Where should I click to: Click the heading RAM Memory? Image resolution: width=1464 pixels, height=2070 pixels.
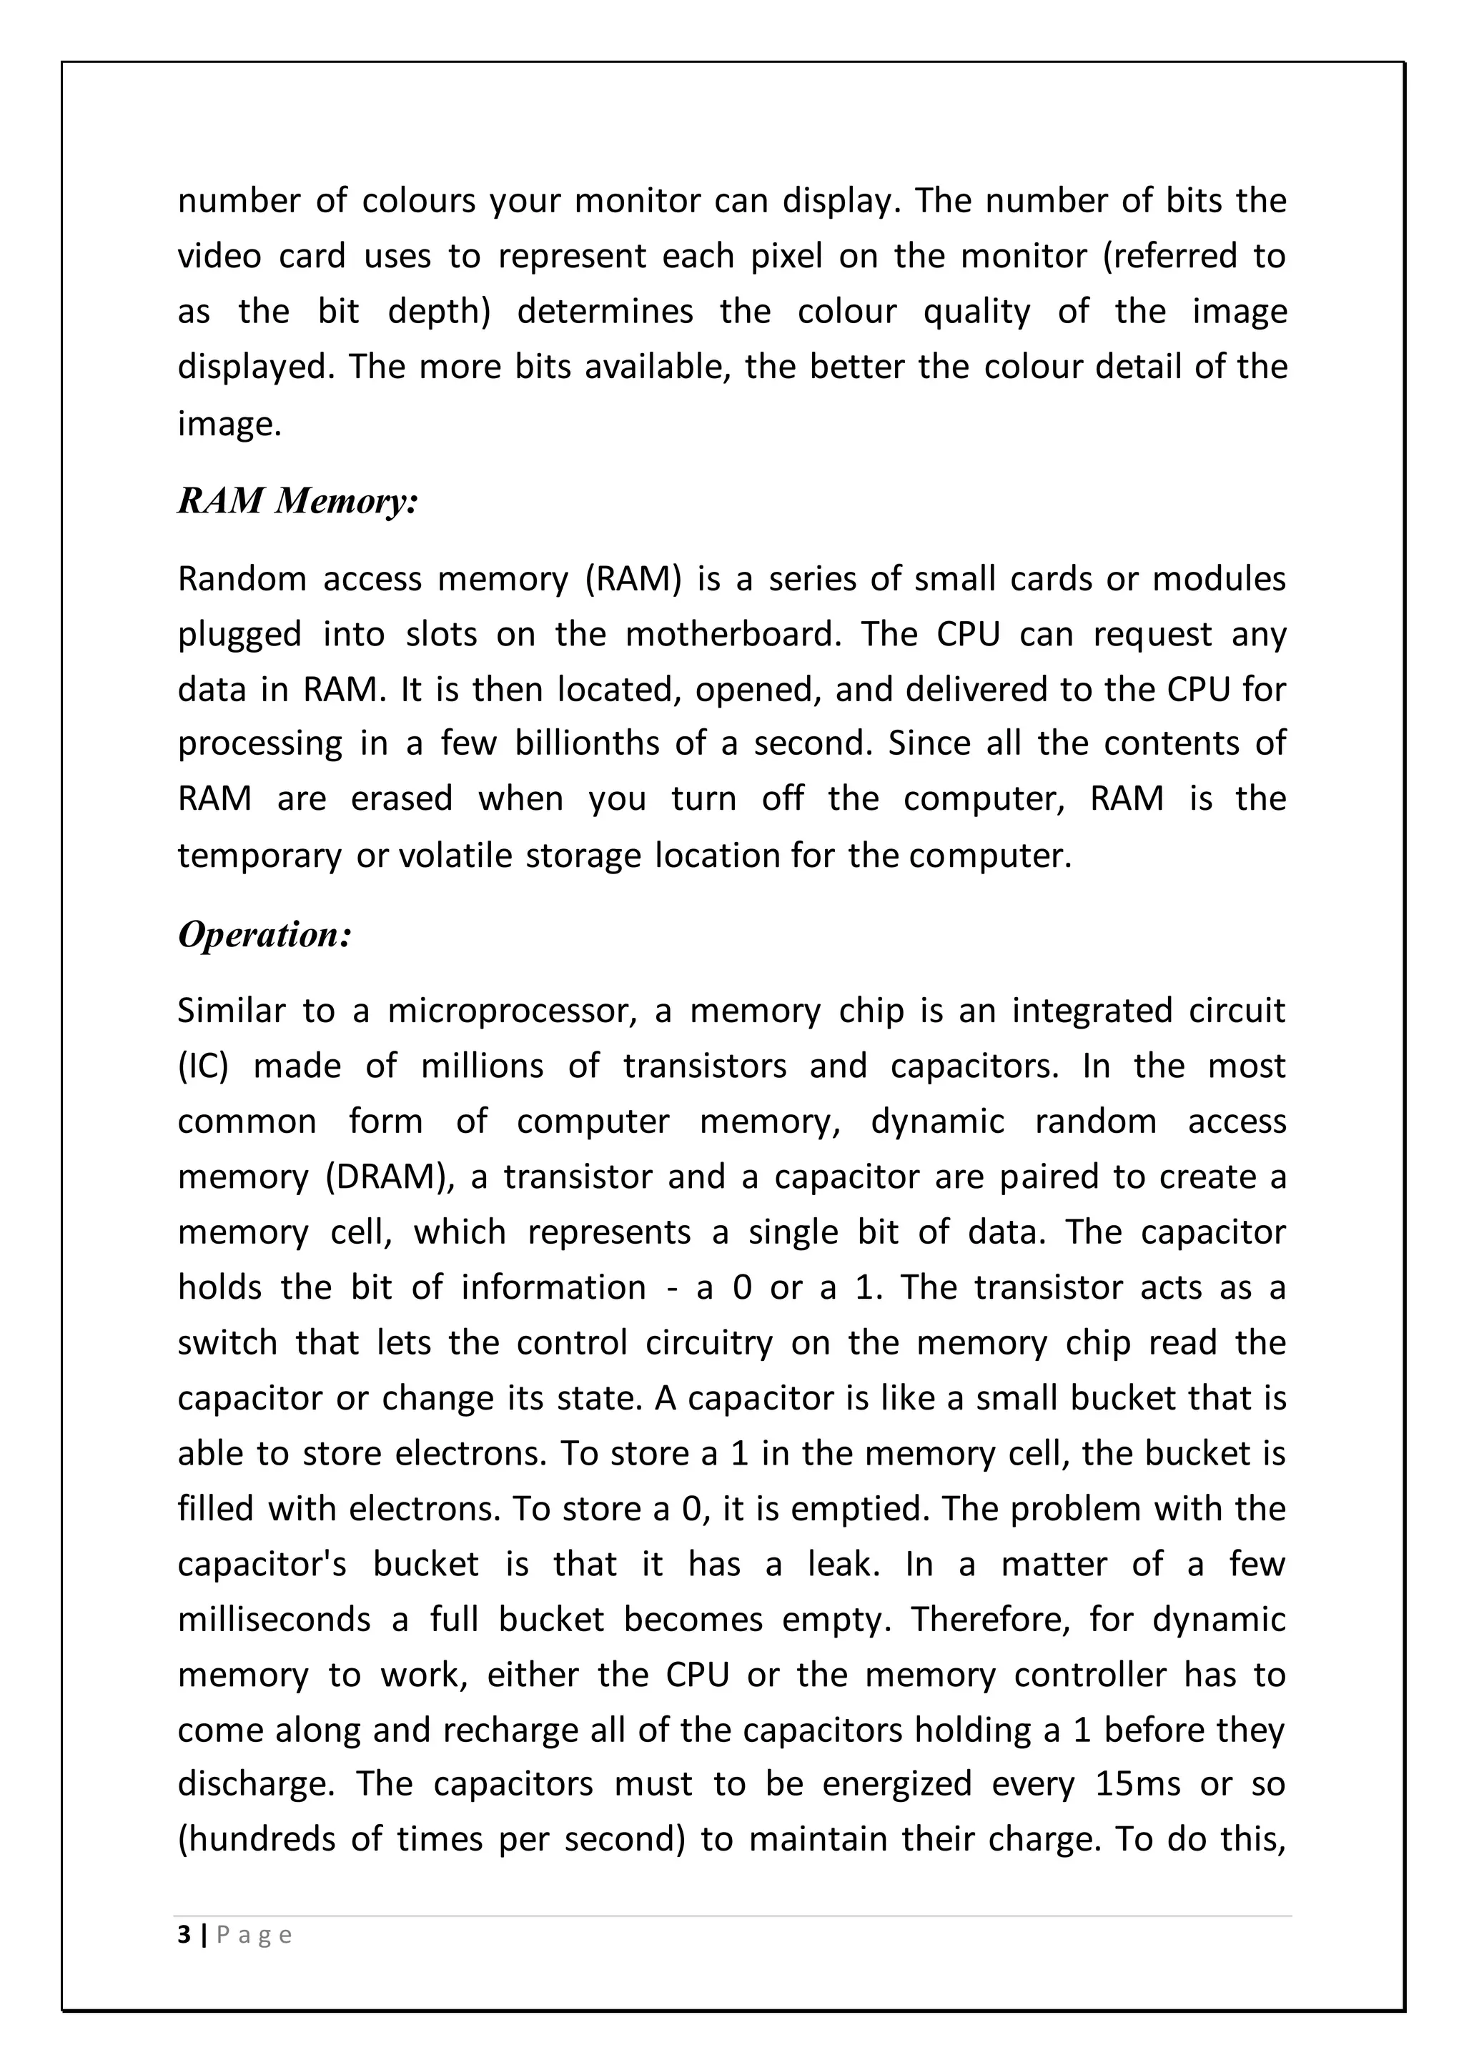297,501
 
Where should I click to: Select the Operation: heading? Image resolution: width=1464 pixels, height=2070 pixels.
263,935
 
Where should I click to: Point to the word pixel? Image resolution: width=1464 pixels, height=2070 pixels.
786,257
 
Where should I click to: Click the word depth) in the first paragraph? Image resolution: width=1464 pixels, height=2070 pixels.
438,312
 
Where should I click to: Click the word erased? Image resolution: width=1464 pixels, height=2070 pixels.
401,800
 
